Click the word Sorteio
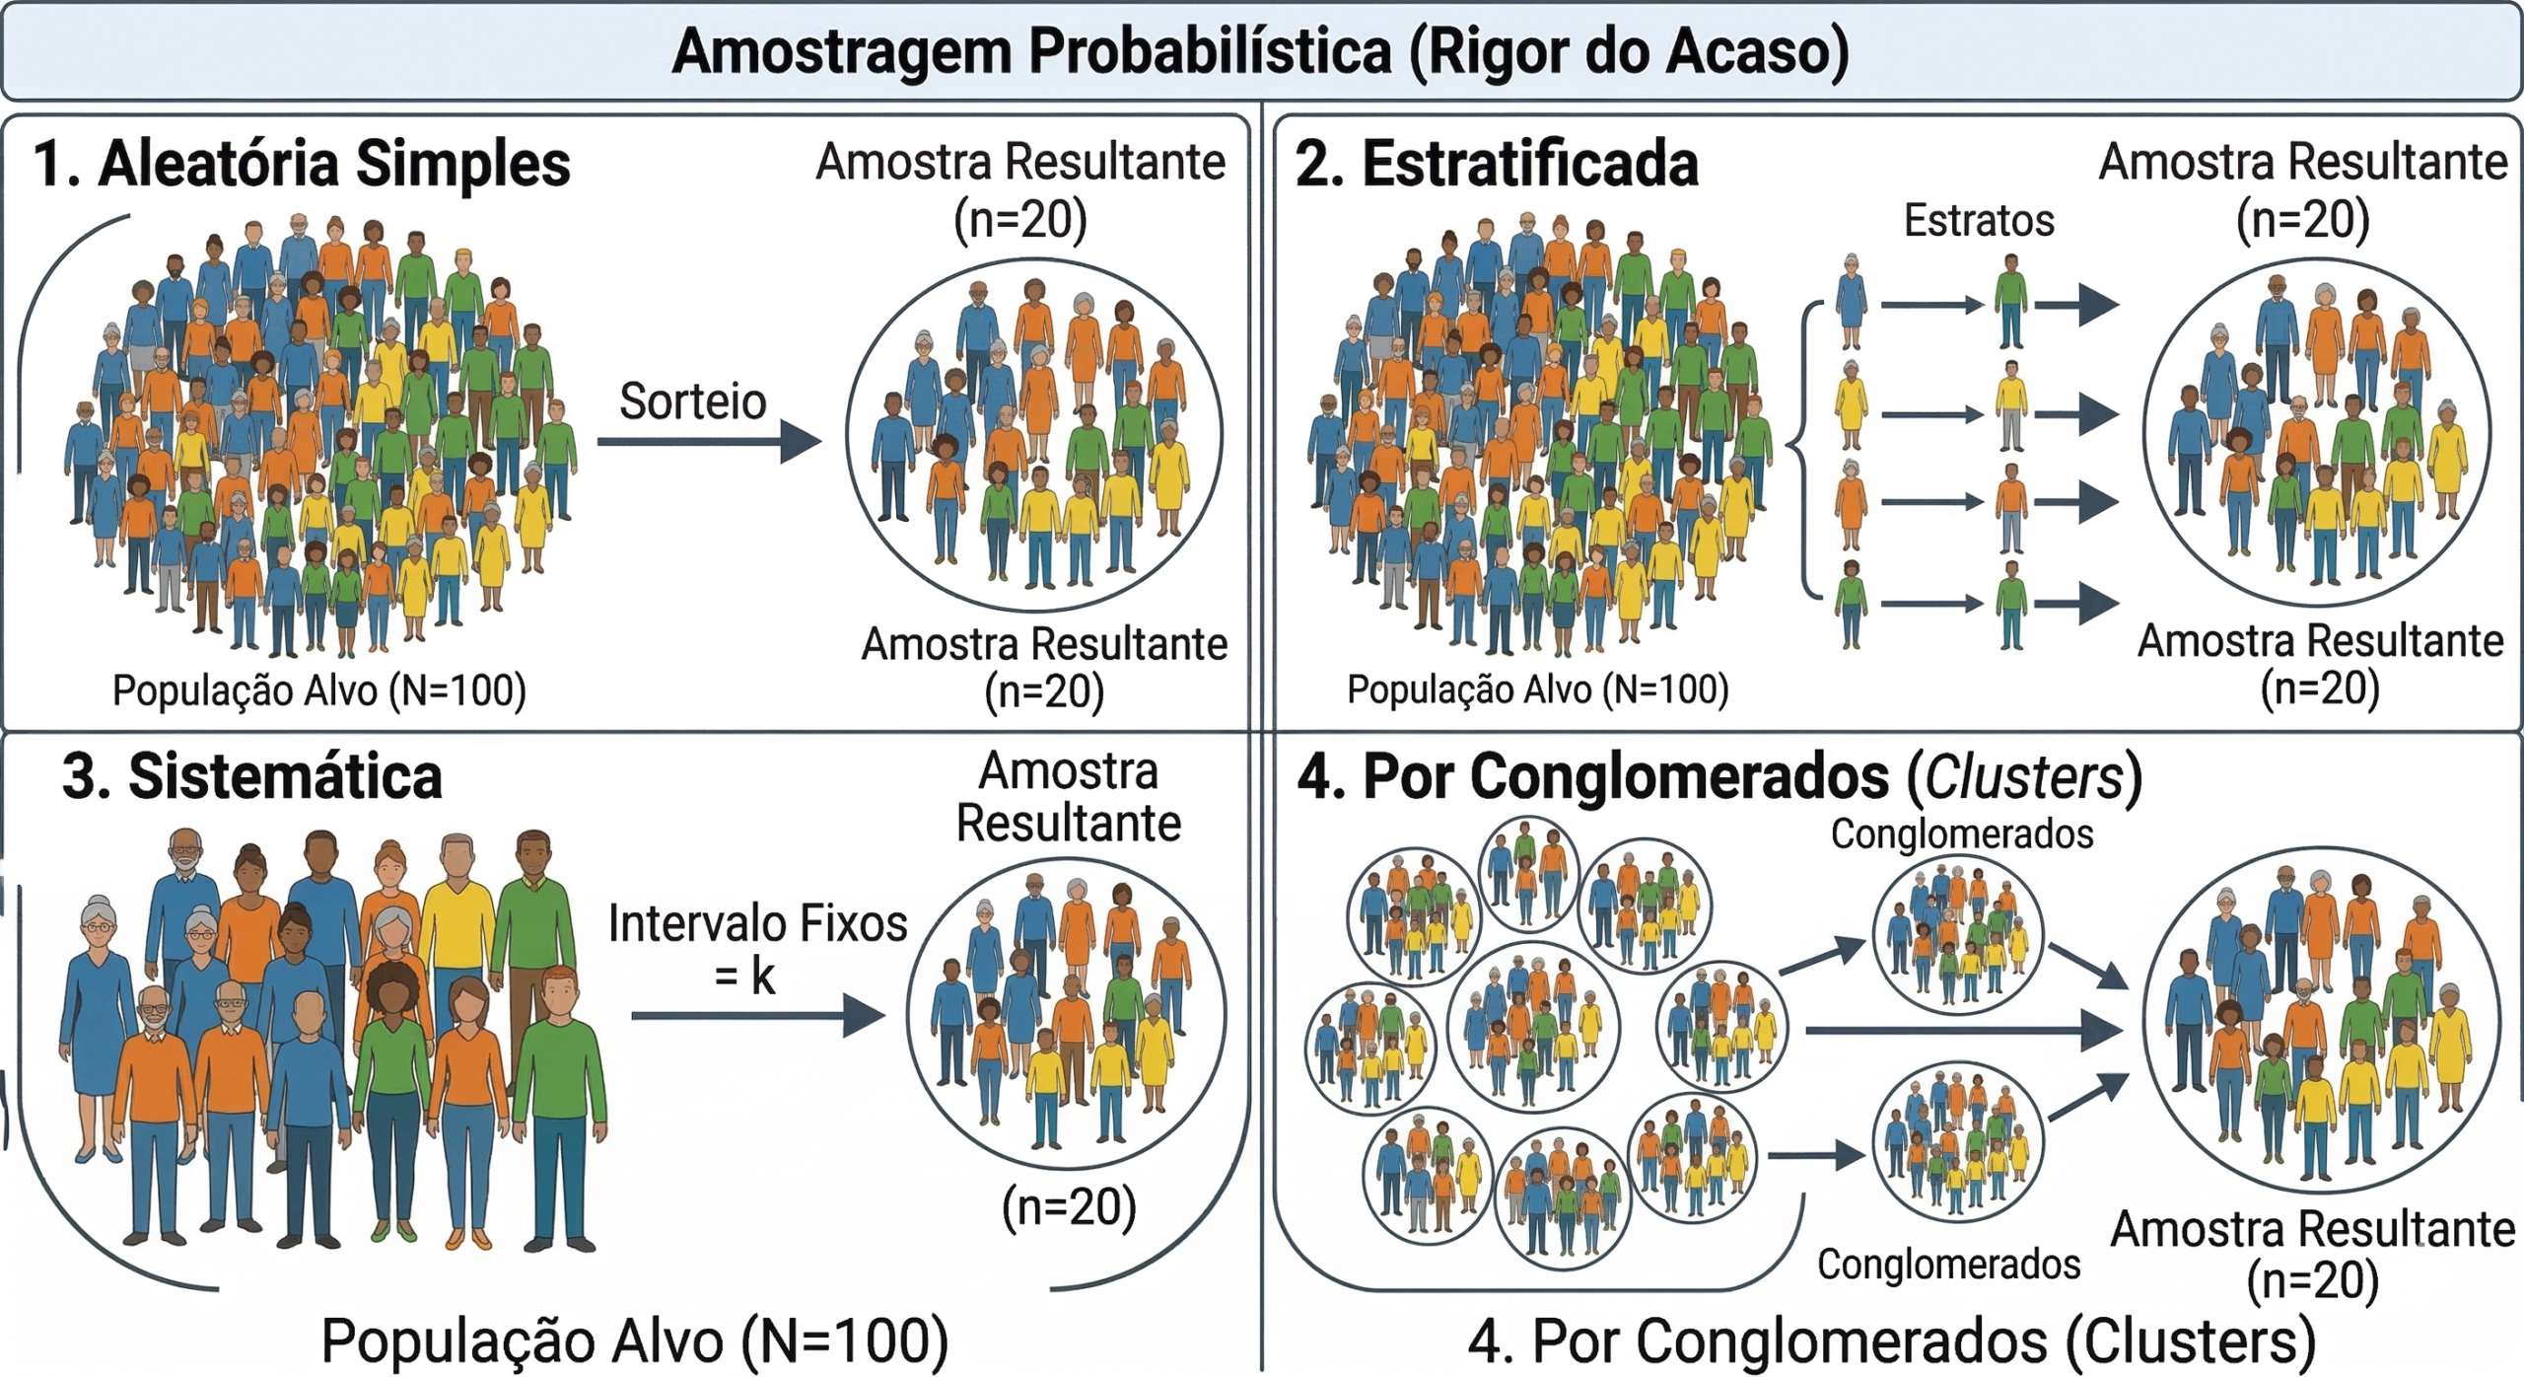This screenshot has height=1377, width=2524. pos(692,401)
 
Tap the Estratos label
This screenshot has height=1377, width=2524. pos(1978,220)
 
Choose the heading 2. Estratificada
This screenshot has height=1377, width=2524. pos(1497,164)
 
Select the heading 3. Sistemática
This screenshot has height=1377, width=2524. pos(252,776)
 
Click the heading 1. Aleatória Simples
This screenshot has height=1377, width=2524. pos(302,164)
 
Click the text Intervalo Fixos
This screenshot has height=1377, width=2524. pos(757,924)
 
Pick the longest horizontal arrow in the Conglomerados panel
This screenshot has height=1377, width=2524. pos(1962,1031)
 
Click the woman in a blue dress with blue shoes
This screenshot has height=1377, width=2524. pos(97,1026)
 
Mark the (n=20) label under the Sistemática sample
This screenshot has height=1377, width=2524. pos(1069,1206)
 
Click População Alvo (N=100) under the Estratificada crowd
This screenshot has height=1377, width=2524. pos(1537,689)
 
